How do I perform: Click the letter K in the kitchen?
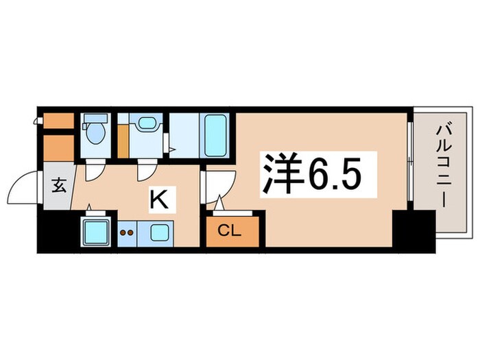coord(158,200)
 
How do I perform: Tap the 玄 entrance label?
coord(59,185)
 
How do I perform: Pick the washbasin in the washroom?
coord(145,124)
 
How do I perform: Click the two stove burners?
coord(127,232)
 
